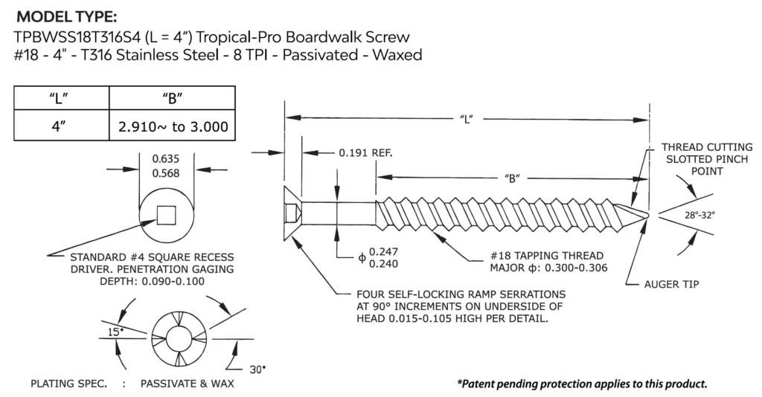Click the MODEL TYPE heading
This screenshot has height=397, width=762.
coord(66,17)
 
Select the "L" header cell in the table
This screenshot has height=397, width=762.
coord(62,98)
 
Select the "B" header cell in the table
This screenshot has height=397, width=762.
coord(173,98)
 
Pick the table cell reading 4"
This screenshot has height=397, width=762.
coord(62,126)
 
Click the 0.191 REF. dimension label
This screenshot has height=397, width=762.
coord(365,152)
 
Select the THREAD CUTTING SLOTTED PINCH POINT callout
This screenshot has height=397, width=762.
coord(697,158)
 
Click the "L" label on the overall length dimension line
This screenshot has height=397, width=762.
coord(467,117)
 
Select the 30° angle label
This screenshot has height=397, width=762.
coord(257,369)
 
